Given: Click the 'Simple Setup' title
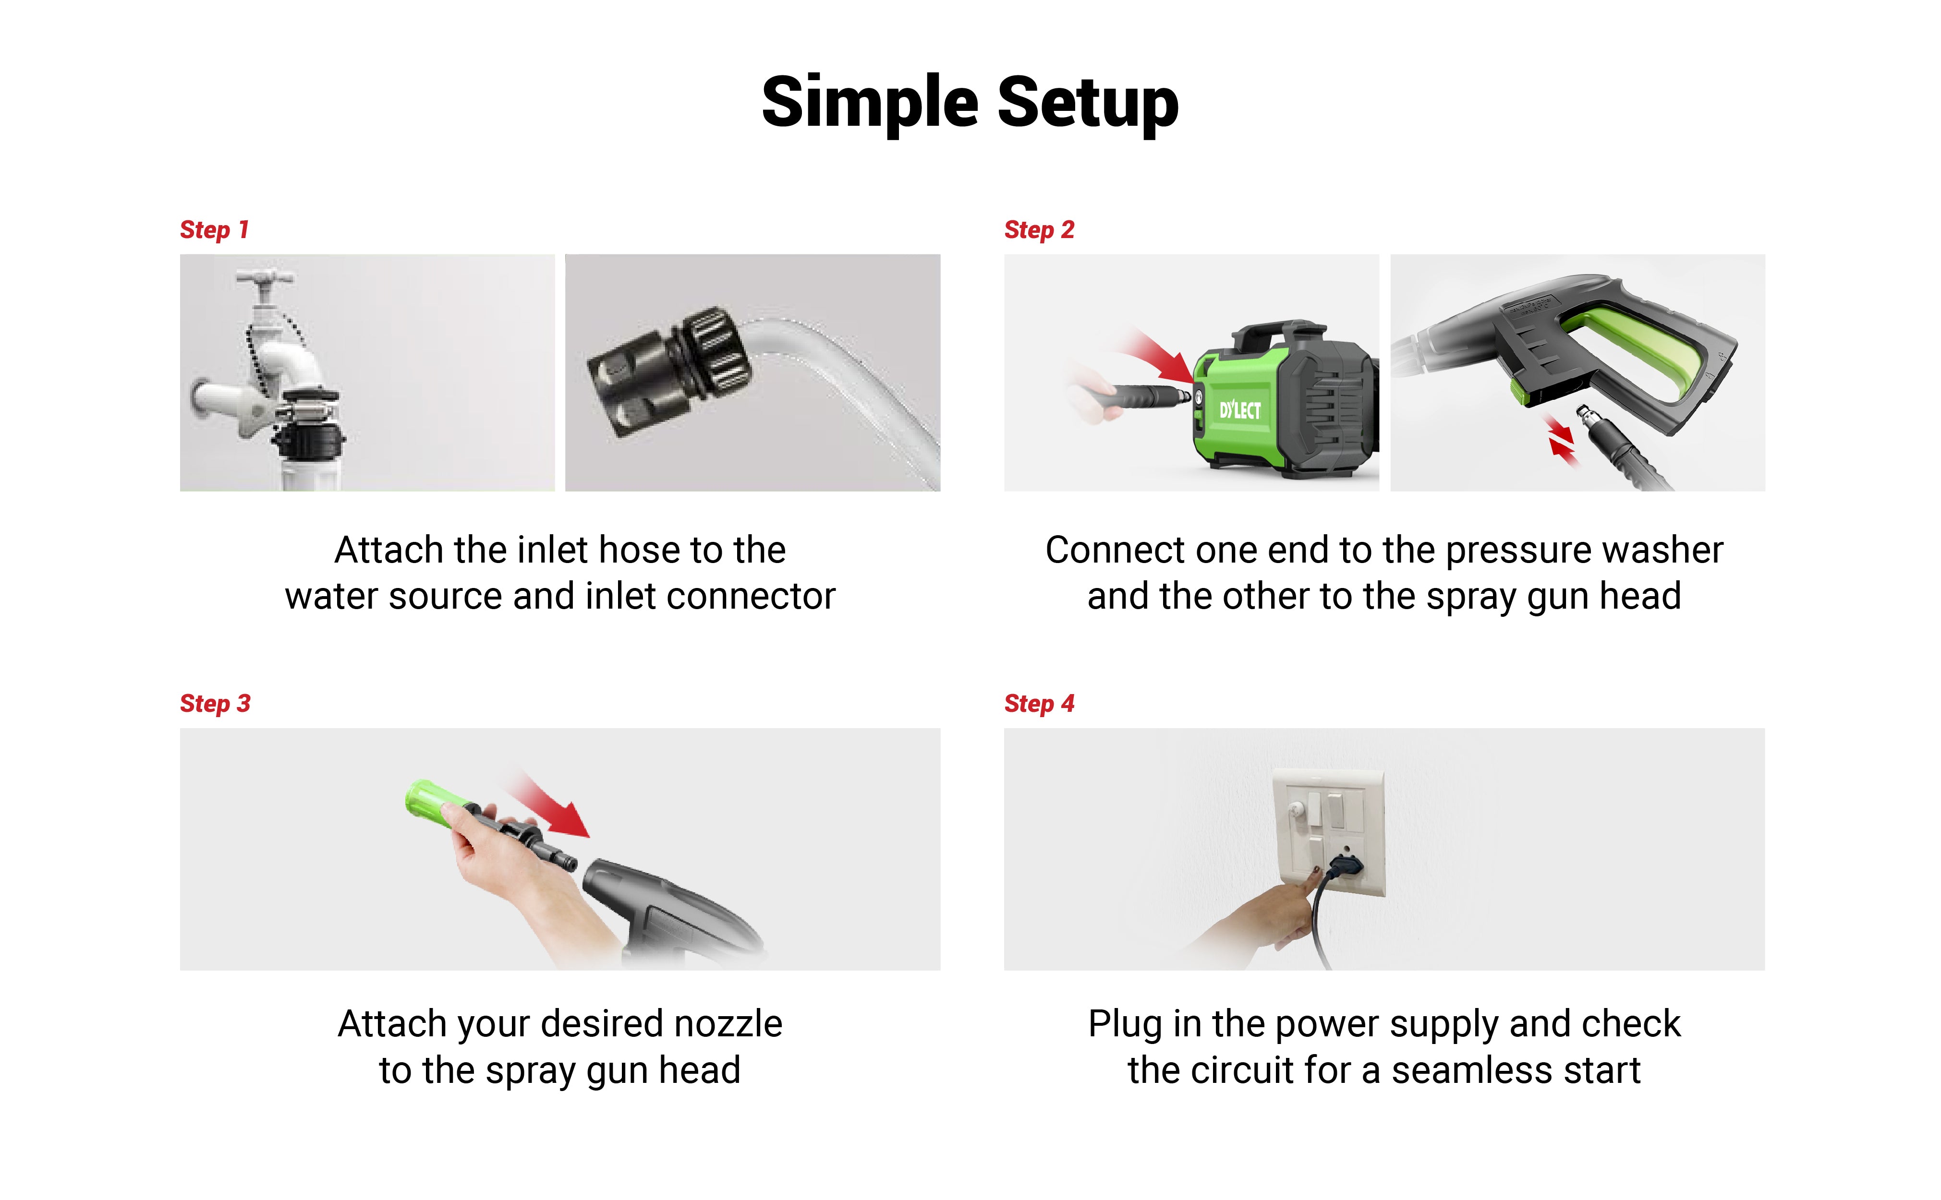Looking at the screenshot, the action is point(970,102).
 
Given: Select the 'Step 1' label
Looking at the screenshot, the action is point(214,229).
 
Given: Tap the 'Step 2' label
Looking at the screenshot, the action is point(1039,229).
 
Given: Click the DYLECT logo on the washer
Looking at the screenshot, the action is point(1240,409).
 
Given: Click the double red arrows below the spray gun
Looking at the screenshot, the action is point(1562,441).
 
